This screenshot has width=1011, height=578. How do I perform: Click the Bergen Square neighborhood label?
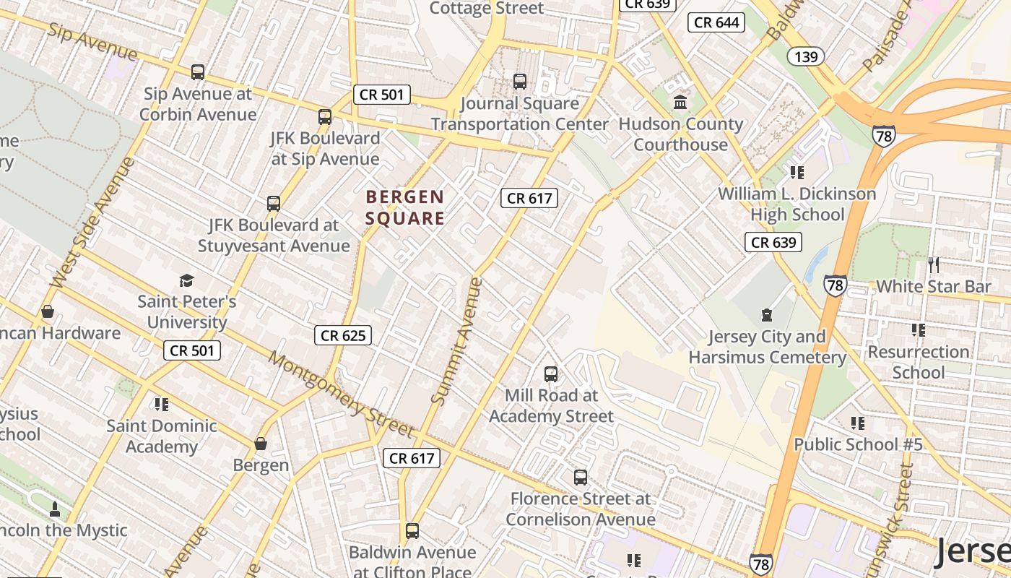[404, 207]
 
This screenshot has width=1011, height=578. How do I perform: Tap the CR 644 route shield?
[716, 22]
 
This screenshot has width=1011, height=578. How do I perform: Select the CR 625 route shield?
[344, 335]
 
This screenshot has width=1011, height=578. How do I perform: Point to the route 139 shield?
[805, 56]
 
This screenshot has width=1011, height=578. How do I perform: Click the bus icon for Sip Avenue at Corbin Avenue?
[197, 72]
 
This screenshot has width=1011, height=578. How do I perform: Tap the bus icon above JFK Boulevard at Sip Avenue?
[325, 116]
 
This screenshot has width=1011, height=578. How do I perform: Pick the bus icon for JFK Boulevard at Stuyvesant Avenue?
[273, 204]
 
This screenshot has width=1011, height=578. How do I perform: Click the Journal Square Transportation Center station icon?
[519, 82]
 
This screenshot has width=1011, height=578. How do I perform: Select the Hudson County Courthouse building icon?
[680, 103]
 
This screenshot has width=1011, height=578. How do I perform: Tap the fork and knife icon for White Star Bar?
[934, 264]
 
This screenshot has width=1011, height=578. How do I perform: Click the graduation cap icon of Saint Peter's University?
[186, 280]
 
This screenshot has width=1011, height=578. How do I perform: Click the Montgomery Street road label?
[341, 395]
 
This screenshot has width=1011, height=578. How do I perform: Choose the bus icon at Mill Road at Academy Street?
[550, 374]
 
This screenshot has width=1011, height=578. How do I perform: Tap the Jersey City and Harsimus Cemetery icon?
[766, 315]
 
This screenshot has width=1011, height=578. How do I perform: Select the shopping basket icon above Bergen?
[260, 444]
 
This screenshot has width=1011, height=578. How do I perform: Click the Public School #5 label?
[858, 444]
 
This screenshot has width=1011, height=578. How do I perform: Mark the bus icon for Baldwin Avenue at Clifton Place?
[412, 531]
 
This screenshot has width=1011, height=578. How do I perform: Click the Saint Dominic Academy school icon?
[161, 405]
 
